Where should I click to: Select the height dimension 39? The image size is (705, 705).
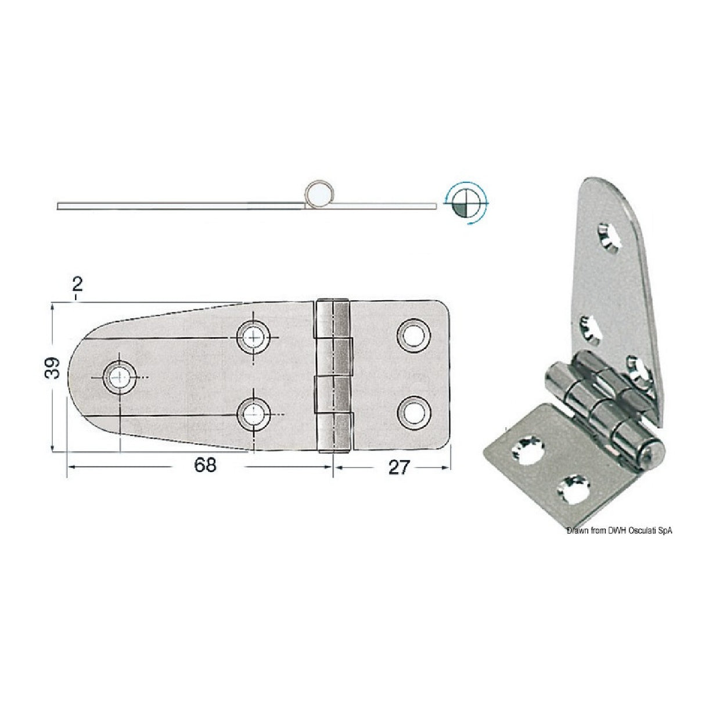click(53, 368)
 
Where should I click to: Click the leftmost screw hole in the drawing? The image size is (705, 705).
click(118, 377)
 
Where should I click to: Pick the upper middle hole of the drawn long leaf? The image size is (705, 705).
click(253, 336)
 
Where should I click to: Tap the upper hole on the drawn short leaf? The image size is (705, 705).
click(414, 335)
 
